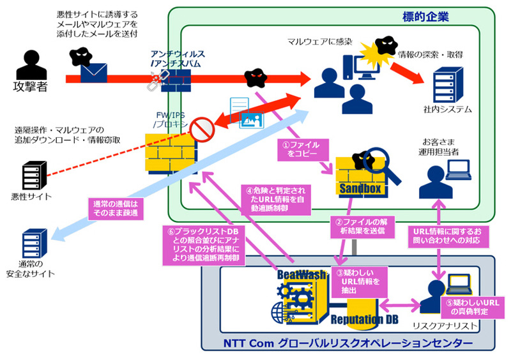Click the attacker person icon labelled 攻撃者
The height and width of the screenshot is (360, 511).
click(x=30, y=67)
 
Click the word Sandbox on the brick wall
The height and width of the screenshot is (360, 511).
click(x=360, y=189)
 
